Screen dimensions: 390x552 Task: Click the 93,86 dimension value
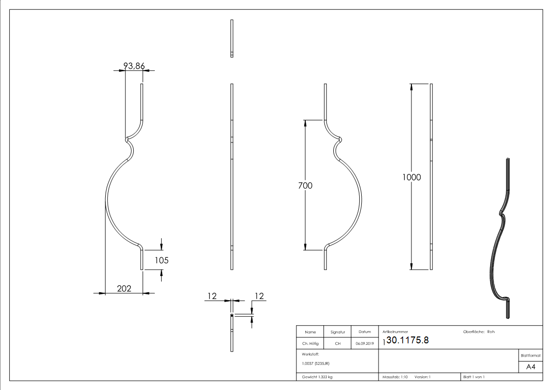pyautogui.click(x=134, y=66)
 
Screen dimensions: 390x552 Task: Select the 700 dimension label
pyautogui.click(x=305, y=186)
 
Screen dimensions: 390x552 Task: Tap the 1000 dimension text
pyautogui.click(x=411, y=177)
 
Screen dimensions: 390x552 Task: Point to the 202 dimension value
pyautogui.click(x=124, y=289)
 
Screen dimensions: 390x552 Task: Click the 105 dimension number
pyautogui.click(x=161, y=260)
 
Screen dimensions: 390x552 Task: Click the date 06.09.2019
pyautogui.click(x=365, y=344)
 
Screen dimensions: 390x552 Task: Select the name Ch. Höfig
pyautogui.click(x=310, y=344)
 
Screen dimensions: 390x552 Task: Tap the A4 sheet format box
pyautogui.click(x=530, y=367)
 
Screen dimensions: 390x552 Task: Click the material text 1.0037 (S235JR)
pyautogui.click(x=316, y=363)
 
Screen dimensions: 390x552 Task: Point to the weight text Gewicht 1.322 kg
pyautogui.click(x=317, y=377)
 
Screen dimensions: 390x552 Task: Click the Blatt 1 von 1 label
pyautogui.click(x=473, y=377)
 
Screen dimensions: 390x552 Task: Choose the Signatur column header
pyautogui.click(x=338, y=332)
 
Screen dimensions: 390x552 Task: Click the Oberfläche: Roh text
pyautogui.click(x=479, y=332)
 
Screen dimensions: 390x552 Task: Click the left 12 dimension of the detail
pyautogui.click(x=212, y=296)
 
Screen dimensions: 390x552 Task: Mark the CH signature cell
pyautogui.click(x=338, y=344)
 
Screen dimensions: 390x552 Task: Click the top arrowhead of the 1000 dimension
pyautogui.click(x=411, y=87)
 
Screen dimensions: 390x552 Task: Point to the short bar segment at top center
pyautogui.click(x=232, y=38)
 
